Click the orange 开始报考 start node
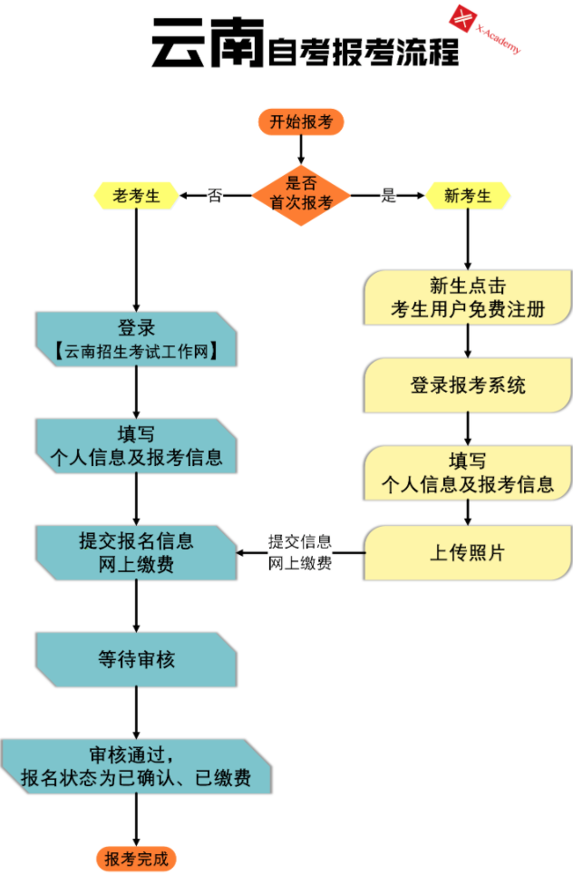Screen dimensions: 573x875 [301, 122]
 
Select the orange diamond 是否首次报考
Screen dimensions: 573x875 [301, 195]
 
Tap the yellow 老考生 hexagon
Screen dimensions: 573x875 [136, 196]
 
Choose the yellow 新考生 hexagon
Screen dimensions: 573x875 [468, 196]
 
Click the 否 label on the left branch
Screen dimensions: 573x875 [215, 195]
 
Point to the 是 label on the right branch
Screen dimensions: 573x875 [388, 195]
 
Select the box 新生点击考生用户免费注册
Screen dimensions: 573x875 [468, 297]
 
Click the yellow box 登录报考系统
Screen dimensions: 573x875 [468, 385]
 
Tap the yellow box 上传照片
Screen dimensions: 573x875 [468, 552]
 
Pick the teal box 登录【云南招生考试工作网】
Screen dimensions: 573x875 [136, 339]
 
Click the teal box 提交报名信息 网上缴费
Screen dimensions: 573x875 [136, 552]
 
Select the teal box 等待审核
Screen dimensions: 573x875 [136, 659]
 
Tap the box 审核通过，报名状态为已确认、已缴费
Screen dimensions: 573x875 [136, 766]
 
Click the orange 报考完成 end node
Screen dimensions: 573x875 [136, 859]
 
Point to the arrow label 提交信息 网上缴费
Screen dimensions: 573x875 [300, 552]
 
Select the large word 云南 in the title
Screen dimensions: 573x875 [208, 43]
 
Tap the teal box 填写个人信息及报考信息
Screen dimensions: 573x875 [136, 446]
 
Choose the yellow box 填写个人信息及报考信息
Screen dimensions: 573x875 [468, 472]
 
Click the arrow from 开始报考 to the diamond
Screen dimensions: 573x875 [301, 150]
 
